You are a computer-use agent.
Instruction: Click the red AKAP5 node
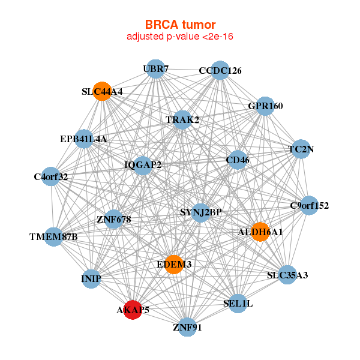132,310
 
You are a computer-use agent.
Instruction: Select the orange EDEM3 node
173,264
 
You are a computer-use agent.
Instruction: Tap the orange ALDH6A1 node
260,231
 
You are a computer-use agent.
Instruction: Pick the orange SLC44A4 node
102,92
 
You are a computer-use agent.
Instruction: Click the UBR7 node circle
155,69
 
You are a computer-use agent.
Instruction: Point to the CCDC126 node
220,70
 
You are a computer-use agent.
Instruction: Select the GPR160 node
265,106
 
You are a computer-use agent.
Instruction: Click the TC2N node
301,149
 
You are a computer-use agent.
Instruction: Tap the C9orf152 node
309,206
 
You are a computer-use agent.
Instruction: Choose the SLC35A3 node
287,275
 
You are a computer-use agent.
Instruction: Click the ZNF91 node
188,327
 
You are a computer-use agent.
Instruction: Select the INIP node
91,279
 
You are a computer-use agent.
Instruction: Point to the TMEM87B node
53,236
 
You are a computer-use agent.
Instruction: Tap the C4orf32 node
51,176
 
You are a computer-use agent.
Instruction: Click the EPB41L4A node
83,139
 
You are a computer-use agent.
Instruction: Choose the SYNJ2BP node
201,212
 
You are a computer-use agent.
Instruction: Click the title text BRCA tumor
180,25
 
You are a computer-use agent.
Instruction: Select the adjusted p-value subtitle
180,37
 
